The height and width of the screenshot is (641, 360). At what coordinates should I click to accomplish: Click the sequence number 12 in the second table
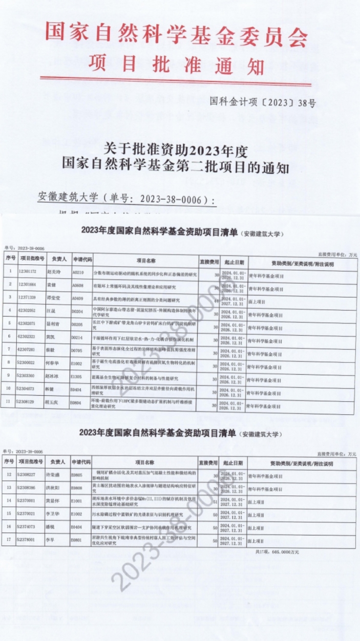10,474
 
